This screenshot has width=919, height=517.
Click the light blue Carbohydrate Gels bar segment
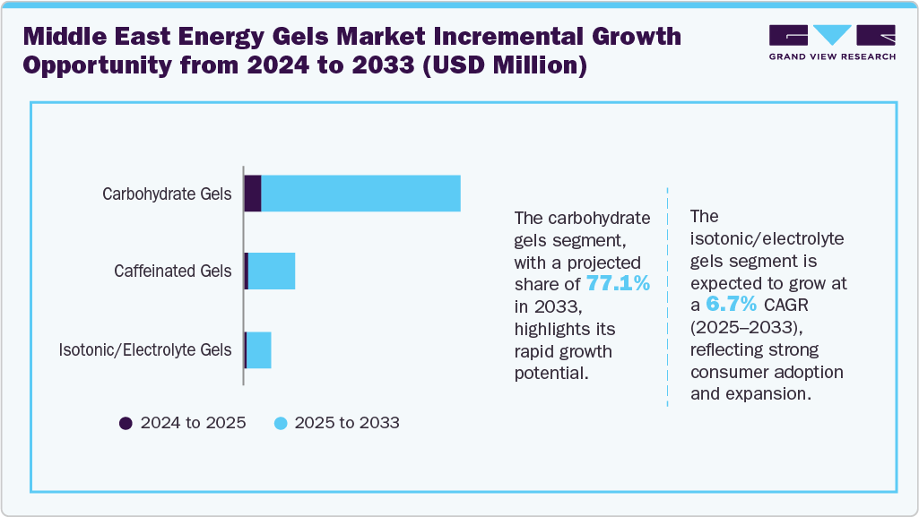click(360, 194)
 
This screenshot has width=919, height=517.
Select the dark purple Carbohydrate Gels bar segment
click(253, 194)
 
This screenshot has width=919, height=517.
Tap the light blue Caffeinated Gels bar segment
click(272, 271)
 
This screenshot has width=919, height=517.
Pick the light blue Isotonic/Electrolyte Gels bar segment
click(259, 349)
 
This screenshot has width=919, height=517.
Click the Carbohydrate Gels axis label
click(167, 194)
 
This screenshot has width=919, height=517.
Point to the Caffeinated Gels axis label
click(172, 271)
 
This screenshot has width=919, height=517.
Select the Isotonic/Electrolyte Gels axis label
click(145, 349)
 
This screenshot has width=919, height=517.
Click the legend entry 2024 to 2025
click(193, 423)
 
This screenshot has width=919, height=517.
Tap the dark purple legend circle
click(126, 423)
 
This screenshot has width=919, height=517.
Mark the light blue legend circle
click(281, 423)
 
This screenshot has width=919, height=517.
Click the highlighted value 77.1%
click(618, 284)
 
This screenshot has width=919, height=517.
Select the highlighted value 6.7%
click(731, 305)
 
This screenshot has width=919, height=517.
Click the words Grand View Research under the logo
click(832, 57)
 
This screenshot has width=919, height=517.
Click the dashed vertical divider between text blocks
click(668, 296)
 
